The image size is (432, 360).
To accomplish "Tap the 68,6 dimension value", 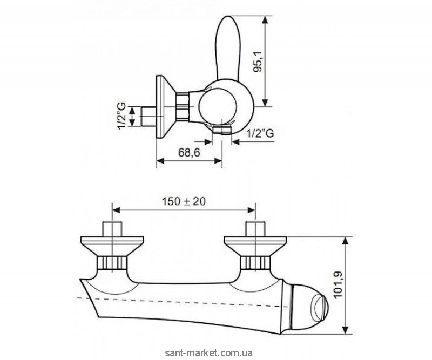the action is point(189,152).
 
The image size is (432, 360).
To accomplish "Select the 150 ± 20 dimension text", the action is point(184,202).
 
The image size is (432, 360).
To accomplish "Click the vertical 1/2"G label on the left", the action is point(122,116).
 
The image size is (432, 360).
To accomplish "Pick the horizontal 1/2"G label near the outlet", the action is point(260,133).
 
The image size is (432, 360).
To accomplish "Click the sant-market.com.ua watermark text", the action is point(208,353).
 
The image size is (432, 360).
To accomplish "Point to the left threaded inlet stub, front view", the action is point(112,229).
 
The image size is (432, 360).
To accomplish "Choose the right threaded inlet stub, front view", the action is point(255,229).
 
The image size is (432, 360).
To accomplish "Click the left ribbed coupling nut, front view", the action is point(112,262).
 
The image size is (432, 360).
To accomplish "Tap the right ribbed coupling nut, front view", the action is point(255,262).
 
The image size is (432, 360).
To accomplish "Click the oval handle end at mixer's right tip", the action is point(319,308).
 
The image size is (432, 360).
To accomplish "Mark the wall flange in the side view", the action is point(164,107).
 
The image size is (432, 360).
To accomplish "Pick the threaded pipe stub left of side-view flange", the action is point(148,116).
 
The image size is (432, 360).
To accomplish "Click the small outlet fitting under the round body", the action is point(222,130).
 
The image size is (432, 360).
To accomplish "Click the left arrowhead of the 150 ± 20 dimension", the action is point(116,210).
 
